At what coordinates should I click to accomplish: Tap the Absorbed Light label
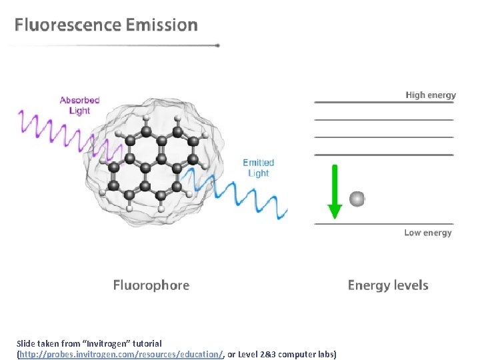pos(79,105)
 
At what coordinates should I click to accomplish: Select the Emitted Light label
pos(258,168)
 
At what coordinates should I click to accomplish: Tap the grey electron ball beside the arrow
pos(357,199)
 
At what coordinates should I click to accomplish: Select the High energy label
pos(431,95)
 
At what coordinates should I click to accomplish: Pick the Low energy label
pos(428,233)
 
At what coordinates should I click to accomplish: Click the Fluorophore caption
pos(151,285)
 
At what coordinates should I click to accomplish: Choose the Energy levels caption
pos(388,285)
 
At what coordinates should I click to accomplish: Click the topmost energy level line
pos(383,103)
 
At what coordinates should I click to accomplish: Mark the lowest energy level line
pos(383,224)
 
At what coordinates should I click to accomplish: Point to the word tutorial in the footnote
pos(145,343)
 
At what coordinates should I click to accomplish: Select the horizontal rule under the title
pos(113,45)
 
